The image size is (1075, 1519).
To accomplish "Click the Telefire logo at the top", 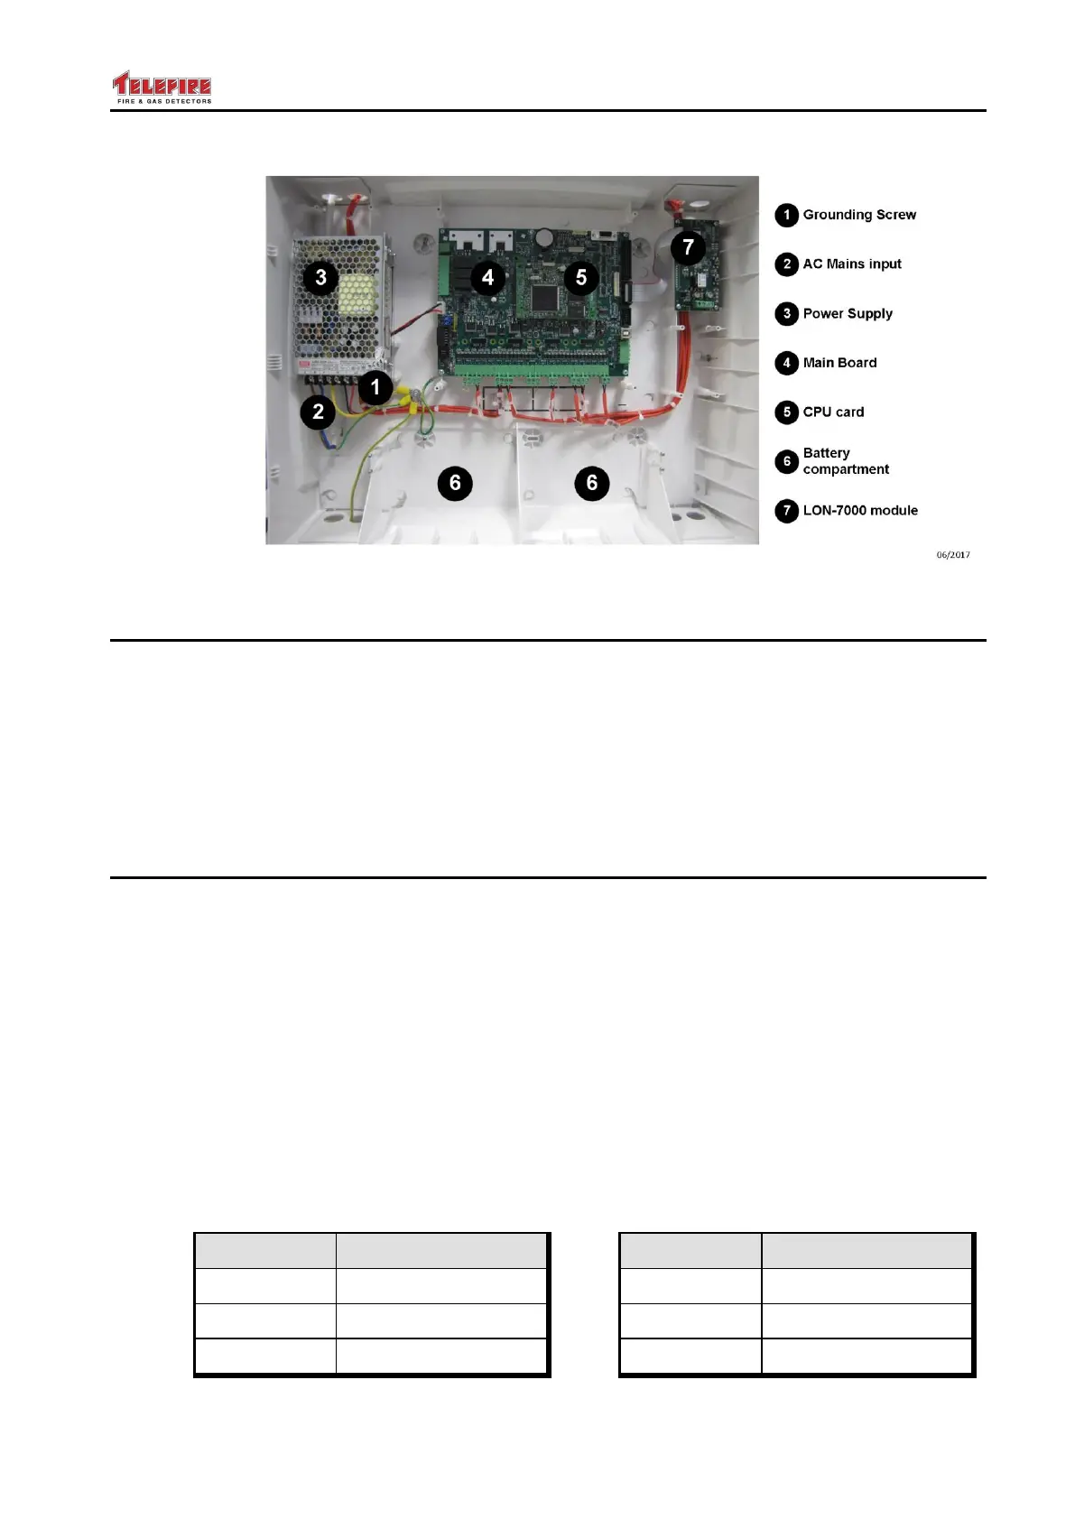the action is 162,88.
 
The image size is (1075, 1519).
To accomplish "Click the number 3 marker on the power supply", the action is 320,278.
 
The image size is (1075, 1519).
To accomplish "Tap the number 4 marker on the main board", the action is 487,277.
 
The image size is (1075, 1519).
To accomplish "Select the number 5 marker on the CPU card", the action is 581,278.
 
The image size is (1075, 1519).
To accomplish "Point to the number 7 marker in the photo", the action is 688,246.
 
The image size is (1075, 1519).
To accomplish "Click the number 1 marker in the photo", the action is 375,388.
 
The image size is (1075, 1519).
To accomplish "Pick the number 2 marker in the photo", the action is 318,412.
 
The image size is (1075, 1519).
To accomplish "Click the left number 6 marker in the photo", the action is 455,483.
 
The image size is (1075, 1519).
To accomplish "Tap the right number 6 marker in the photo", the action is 592,483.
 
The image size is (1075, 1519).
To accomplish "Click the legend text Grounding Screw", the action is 859,215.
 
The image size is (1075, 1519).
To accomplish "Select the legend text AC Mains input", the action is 852,264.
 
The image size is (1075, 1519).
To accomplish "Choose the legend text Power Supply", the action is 848,313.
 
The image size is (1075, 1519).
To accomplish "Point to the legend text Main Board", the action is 839,363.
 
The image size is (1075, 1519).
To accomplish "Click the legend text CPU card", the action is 833,412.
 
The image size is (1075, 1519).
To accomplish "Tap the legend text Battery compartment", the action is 846,461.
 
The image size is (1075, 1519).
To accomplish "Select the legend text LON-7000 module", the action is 860,510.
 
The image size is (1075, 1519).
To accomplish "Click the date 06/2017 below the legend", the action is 953,555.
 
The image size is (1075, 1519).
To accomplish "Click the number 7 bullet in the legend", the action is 786,511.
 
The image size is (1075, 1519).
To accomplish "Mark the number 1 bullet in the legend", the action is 786,215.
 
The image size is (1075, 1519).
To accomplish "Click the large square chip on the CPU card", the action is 545,296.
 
